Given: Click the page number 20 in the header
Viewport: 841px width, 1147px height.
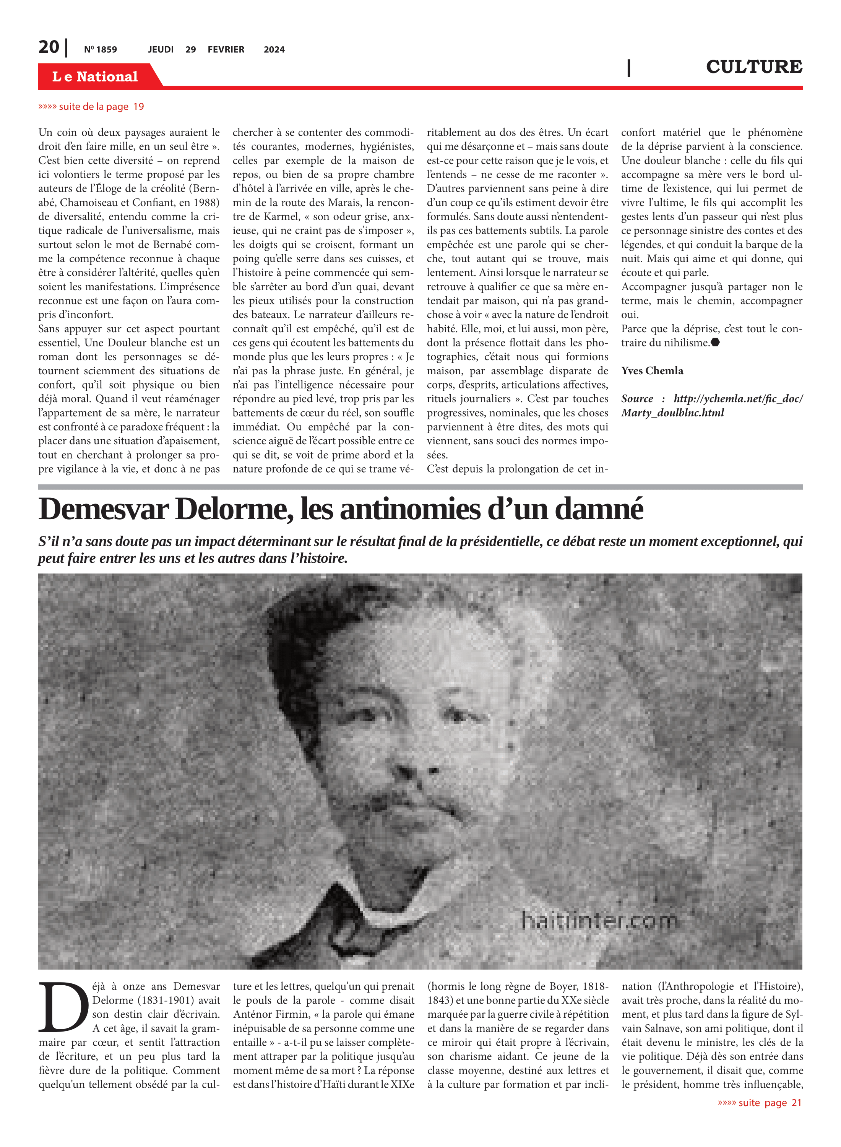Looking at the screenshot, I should [x=49, y=47].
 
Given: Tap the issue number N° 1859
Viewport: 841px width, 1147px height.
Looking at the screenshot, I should [x=100, y=49].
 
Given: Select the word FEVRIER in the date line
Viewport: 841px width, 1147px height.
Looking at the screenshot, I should [x=226, y=49].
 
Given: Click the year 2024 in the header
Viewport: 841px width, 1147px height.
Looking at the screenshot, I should [x=274, y=49].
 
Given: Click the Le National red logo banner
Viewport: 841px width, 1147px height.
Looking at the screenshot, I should [x=95, y=76].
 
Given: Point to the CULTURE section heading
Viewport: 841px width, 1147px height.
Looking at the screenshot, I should [x=753, y=67].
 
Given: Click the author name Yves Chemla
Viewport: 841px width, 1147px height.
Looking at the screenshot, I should [x=652, y=370].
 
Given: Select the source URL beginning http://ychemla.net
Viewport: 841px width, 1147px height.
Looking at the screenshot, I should [x=712, y=405].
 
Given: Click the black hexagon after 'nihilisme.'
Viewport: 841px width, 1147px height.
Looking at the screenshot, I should [x=715, y=343].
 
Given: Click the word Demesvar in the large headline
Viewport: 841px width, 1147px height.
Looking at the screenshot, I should [x=103, y=509].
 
